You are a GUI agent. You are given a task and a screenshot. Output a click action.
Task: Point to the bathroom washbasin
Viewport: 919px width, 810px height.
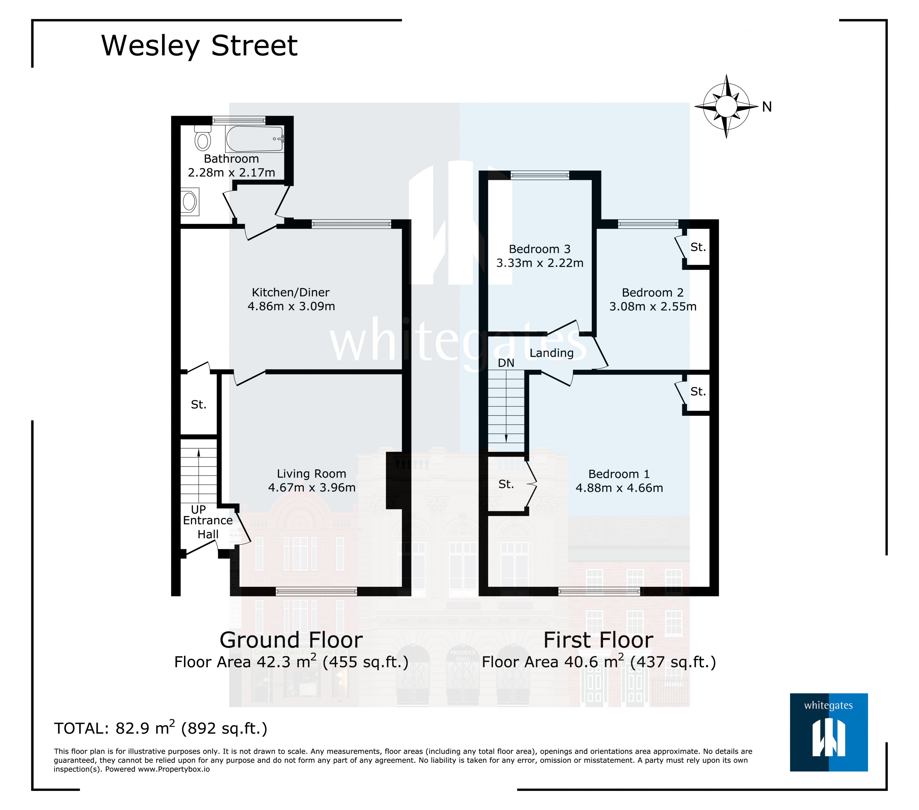pos(190,202)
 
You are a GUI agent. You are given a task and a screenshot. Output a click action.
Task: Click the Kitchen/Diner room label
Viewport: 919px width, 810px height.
pos(291,293)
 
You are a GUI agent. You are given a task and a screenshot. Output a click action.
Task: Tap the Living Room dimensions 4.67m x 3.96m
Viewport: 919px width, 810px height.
pos(311,488)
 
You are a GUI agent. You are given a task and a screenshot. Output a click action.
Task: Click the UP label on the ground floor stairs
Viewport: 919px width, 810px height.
pos(198,509)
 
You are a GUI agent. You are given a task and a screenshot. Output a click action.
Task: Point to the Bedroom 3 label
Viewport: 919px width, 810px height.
pos(539,249)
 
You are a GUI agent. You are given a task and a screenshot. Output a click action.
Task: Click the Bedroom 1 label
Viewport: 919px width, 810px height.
pos(619,474)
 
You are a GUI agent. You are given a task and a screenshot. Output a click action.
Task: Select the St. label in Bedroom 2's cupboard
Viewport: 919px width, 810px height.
pos(698,247)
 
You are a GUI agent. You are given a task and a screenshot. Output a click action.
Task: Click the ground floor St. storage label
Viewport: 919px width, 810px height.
pos(198,405)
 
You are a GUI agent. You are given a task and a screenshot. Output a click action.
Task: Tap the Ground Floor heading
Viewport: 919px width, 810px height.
pos(291,640)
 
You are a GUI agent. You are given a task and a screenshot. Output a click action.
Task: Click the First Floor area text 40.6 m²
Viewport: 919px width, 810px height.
pos(599,662)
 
